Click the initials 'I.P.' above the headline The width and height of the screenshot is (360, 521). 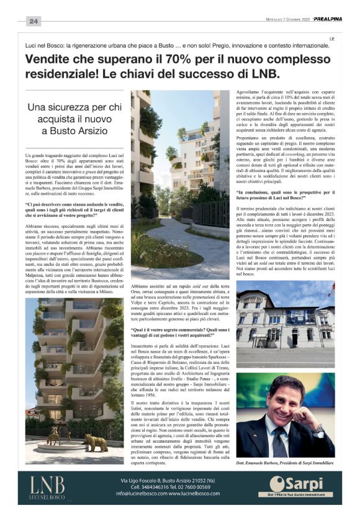coord(332,39)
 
